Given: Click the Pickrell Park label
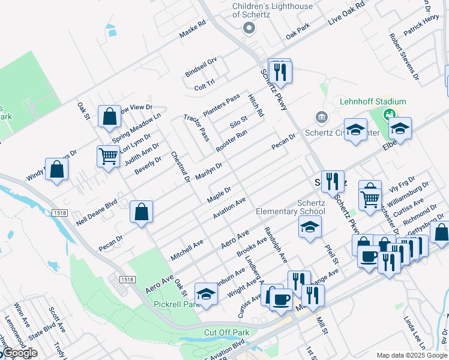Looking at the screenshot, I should click(x=175, y=304).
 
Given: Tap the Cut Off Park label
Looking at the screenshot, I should click(x=226, y=332).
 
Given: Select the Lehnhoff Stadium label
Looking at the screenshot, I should click(x=373, y=101).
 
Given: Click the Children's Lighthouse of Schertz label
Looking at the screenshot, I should click(x=273, y=11).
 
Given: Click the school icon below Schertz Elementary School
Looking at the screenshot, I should click(x=310, y=227).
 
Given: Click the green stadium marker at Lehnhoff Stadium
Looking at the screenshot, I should click(x=390, y=113).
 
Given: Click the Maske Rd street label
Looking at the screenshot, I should click(x=193, y=29).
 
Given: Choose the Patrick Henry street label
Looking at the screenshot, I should click(x=421, y=28).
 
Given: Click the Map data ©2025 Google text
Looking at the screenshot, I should click(x=411, y=355).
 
